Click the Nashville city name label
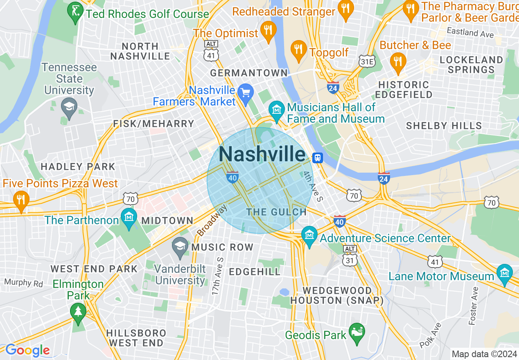[262, 154]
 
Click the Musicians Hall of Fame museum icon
[277, 110]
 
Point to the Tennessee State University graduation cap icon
[69, 107]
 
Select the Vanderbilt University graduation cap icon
[180, 246]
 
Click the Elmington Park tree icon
[78, 311]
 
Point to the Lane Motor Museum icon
[504, 273]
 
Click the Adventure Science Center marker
[309, 235]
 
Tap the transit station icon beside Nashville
[317, 157]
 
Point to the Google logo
[27, 351]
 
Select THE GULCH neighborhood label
[276, 212]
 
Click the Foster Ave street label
[474, 306]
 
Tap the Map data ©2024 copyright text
[484, 354]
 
